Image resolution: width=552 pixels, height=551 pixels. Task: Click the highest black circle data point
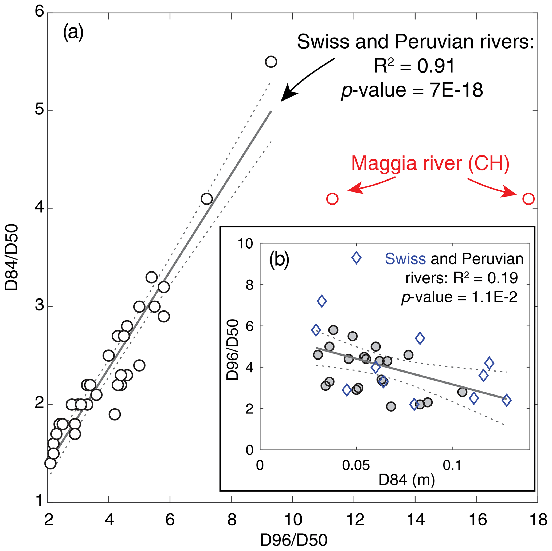click(x=271, y=62)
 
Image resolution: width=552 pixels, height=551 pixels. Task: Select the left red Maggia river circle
click(x=332, y=199)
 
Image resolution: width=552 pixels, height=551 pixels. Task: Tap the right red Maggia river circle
click(x=528, y=199)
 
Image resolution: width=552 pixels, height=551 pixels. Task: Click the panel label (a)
click(x=73, y=32)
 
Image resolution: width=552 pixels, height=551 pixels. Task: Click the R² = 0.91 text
click(x=414, y=66)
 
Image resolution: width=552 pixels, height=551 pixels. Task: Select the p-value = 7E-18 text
click(x=412, y=90)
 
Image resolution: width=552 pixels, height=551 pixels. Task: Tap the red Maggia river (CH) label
click(x=430, y=163)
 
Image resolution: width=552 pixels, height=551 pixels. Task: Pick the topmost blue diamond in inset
click(x=356, y=258)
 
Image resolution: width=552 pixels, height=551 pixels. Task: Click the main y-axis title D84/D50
click(x=12, y=257)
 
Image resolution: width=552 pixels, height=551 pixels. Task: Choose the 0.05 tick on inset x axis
click(x=356, y=465)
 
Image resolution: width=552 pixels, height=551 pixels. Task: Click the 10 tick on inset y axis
click(x=246, y=244)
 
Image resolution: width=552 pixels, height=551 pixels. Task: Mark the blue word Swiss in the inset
click(x=405, y=259)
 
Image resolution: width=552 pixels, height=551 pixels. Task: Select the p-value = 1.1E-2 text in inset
click(x=459, y=297)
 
